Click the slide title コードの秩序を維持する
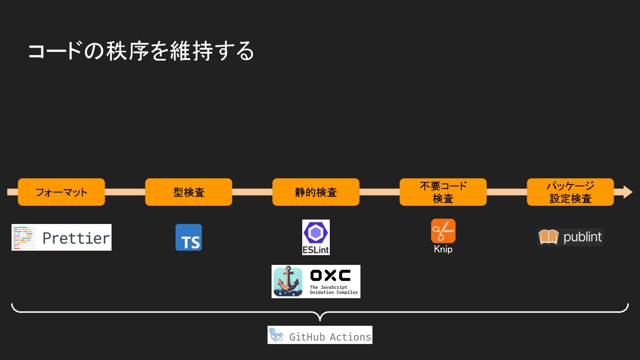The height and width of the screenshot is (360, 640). (141, 51)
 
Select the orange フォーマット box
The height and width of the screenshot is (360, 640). (61, 192)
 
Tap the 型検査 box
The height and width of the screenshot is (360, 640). (188, 192)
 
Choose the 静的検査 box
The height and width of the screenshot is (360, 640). (316, 192)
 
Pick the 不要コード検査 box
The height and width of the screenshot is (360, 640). (443, 192)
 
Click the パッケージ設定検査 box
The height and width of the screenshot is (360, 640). (570, 192)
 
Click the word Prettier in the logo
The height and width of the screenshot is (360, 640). (76, 238)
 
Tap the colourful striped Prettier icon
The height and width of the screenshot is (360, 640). (24, 237)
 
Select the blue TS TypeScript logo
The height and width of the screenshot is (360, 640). (188, 237)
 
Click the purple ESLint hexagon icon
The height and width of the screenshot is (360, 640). (316, 232)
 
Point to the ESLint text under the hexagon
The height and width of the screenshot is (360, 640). (316, 250)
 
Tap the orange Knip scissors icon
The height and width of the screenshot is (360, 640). (443, 231)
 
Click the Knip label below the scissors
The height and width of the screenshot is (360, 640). (443, 249)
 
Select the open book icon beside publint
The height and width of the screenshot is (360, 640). (548, 237)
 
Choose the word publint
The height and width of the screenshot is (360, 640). (582, 237)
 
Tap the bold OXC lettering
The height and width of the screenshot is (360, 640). (330, 276)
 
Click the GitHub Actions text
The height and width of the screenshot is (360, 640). (330, 337)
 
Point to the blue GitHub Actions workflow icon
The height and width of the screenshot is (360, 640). (276, 335)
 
